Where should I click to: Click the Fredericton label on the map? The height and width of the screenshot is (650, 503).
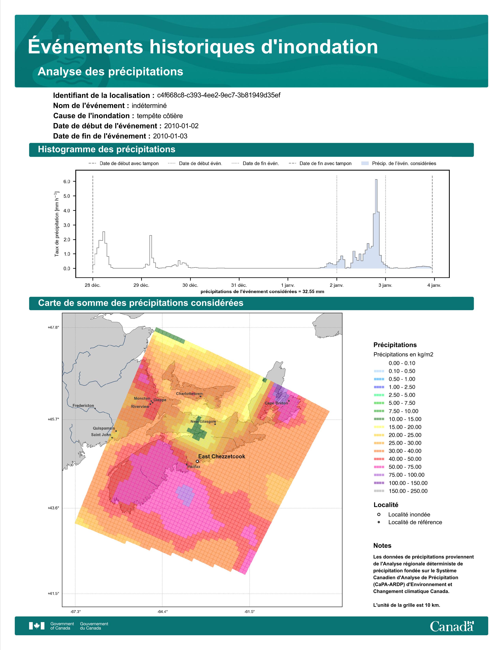tap(83, 405)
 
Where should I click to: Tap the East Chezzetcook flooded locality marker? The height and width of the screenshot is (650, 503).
tap(197, 461)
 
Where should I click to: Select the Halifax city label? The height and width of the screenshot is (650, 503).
tap(194, 466)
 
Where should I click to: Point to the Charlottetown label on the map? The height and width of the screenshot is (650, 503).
tap(189, 394)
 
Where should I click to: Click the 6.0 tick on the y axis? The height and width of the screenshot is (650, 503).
tap(67, 182)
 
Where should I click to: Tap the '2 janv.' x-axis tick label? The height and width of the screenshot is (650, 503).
tap(337, 285)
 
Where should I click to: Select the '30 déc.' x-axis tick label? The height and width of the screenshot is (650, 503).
tap(190, 285)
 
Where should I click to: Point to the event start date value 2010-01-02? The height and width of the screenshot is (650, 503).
tap(181, 126)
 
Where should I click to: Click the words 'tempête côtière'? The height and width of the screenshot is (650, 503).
tap(160, 116)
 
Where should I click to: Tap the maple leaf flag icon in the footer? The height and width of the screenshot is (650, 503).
tap(37, 626)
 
